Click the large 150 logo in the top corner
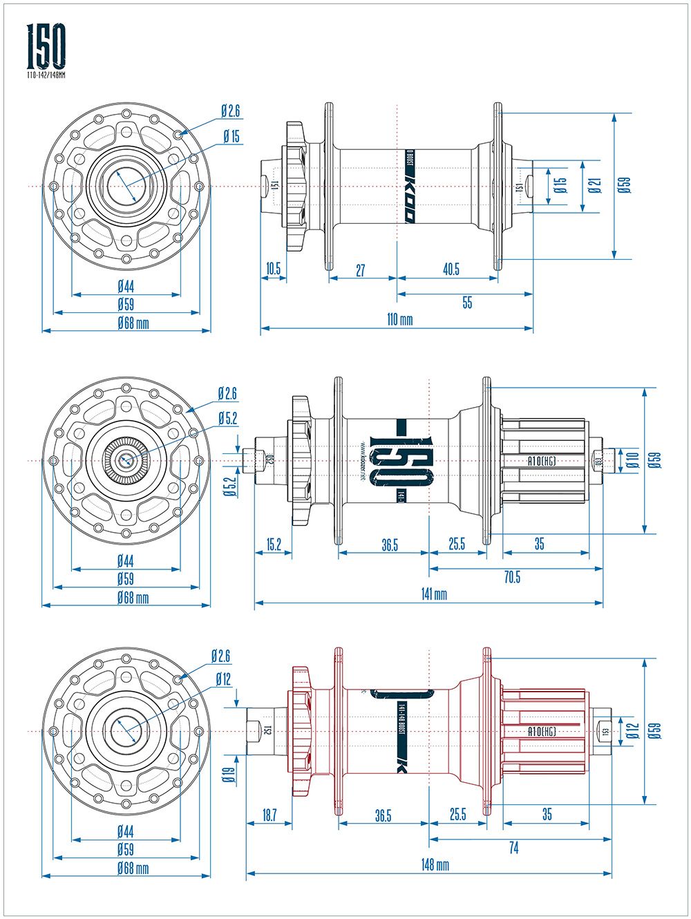coord(46,45)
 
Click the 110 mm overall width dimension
coord(399,320)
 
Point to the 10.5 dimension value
coord(274,269)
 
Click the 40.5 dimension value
coord(451,269)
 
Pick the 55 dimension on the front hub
coord(467,303)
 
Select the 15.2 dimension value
coord(274,544)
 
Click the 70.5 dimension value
coord(512,578)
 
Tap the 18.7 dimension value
coord(269,816)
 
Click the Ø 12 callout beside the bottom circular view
coord(223,679)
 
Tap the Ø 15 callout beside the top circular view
coord(231,137)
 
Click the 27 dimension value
coord(361,269)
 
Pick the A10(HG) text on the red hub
coord(542,731)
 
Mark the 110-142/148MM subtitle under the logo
coord(46,74)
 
